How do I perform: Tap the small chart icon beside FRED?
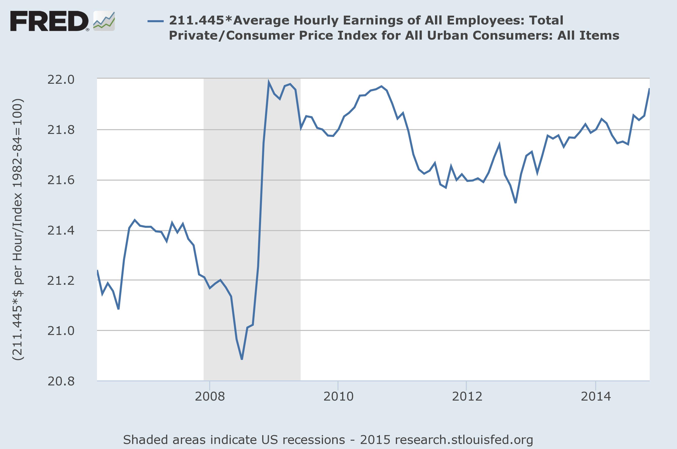(104, 21)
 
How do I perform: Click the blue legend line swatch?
(155, 21)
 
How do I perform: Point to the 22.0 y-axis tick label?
(61, 80)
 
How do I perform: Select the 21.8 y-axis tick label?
(61, 130)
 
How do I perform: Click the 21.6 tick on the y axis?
(61, 180)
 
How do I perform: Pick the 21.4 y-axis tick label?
(61, 231)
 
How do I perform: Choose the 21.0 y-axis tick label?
(61, 331)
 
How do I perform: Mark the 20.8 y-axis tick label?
(61, 381)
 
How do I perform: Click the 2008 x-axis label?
(210, 397)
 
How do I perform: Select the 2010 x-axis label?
(338, 397)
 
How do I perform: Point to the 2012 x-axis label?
(467, 397)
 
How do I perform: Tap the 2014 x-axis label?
(596, 397)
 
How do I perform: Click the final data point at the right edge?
(649, 89)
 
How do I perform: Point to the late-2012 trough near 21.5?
(516, 203)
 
